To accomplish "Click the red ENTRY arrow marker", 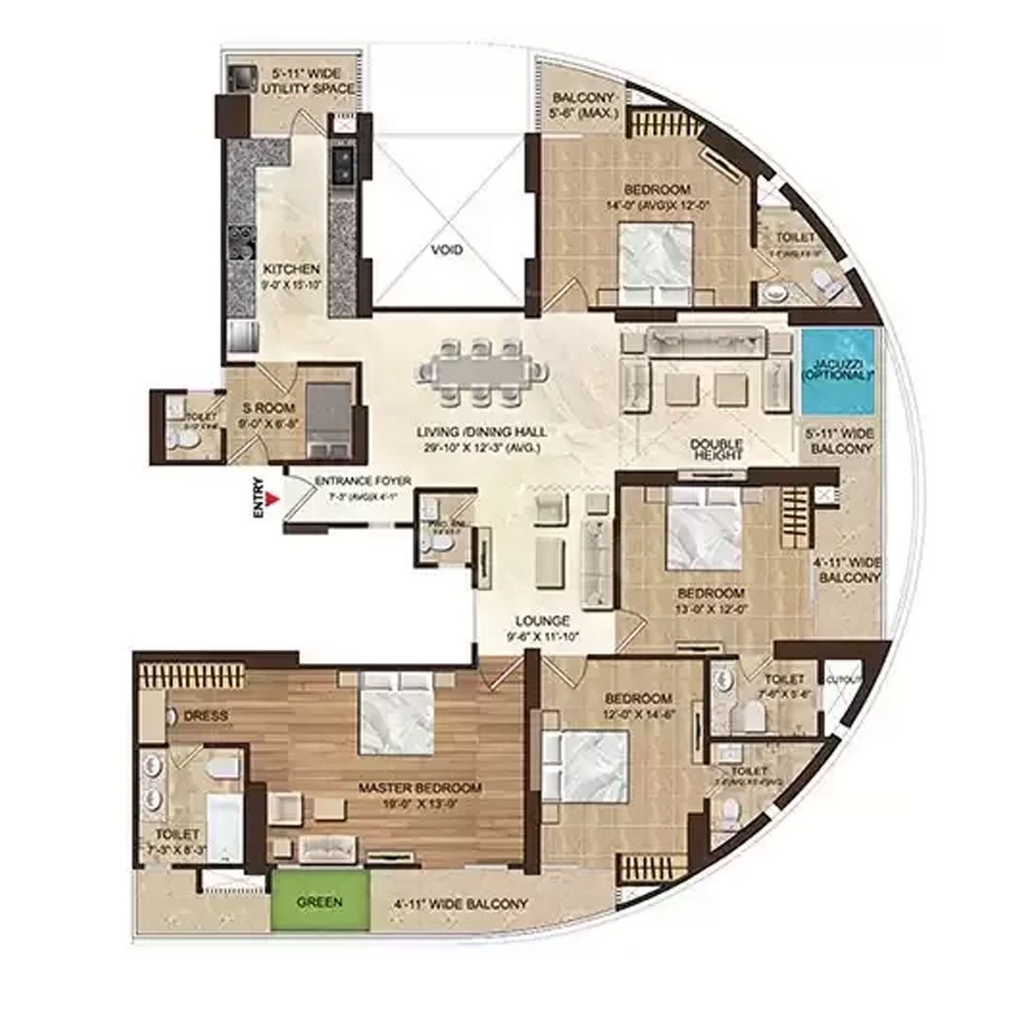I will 272,500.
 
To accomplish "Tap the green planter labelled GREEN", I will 320,903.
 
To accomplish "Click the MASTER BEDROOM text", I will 420,787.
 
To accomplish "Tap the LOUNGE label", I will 543,621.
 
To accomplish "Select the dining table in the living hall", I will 481,371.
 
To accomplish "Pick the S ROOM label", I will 269,408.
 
